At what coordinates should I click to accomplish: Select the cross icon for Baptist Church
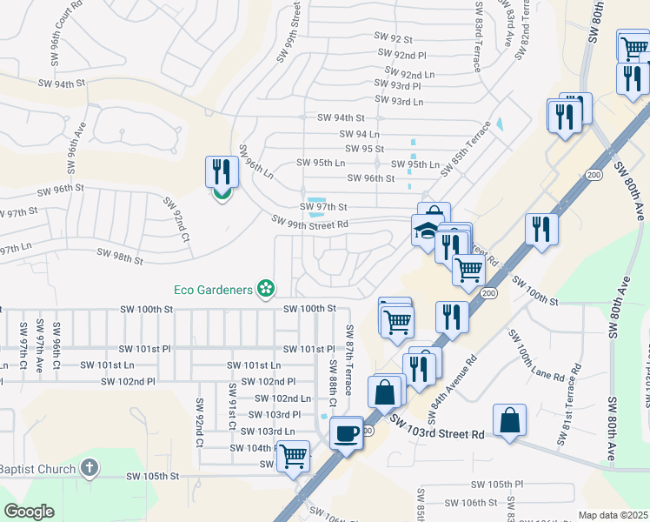[x=88, y=469]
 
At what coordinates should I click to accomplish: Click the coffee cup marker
[x=347, y=432]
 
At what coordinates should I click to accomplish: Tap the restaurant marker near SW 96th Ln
[x=221, y=171]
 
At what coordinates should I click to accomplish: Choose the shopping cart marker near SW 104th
[x=294, y=455]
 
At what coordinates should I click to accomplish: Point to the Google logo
[x=30, y=512]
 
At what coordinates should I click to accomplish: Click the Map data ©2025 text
[x=613, y=515]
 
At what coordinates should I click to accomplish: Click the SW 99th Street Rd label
[x=309, y=224]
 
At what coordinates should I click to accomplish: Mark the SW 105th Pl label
[x=497, y=484]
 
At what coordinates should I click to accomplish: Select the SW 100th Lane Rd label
[x=536, y=359]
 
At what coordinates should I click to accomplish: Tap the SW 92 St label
[x=392, y=38]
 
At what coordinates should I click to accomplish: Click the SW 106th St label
[x=470, y=503]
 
